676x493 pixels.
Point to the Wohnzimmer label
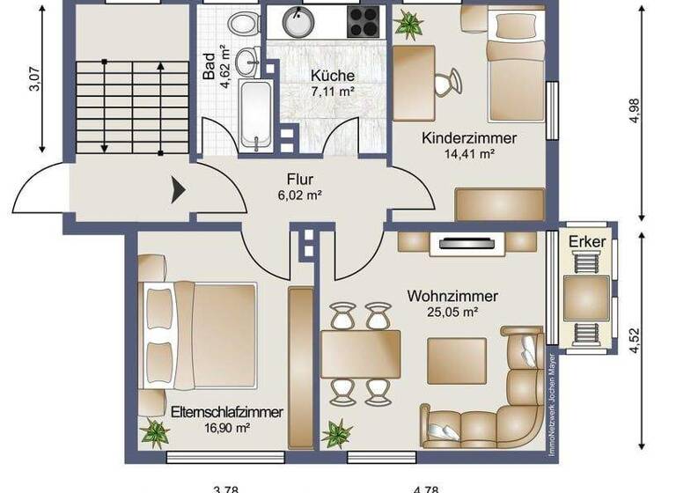pos(452,296)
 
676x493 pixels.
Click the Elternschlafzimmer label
pos(227,412)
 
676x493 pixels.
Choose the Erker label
pos(585,241)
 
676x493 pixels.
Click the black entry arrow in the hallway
pos(177,189)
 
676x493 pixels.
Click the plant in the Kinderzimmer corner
pos(408,26)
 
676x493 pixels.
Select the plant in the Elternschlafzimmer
pos(156,433)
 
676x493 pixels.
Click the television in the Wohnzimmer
pos(467,241)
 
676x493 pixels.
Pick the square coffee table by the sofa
pos(456,359)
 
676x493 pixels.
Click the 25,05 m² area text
pos(452,312)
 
